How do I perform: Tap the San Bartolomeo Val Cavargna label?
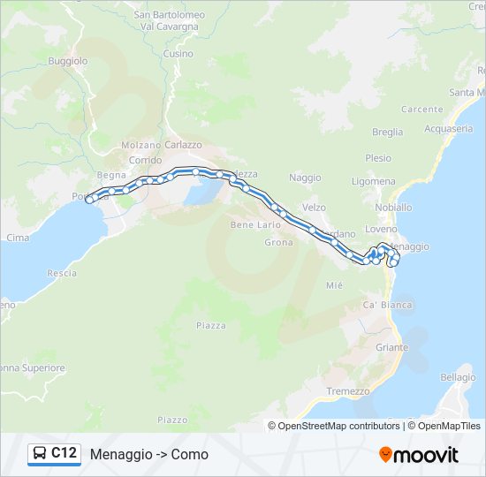tap(169, 20)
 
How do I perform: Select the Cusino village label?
tap(178, 54)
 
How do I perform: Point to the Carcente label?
tap(421, 110)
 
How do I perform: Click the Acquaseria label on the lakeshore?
tap(448, 128)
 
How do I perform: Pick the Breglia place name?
tap(387, 132)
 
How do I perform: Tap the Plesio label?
tap(378, 158)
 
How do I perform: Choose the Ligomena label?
tap(374, 181)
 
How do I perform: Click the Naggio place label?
tap(305, 178)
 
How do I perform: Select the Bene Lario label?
tap(255, 225)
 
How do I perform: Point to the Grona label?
tap(278, 242)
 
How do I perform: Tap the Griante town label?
tap(392, 347)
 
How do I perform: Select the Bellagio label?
tap(458, 377)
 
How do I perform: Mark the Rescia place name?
tap(62, 273)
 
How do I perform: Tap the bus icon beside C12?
tap(40, 454)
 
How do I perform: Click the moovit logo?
tap(419, 454)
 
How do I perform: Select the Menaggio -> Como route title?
tap(149, 454)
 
